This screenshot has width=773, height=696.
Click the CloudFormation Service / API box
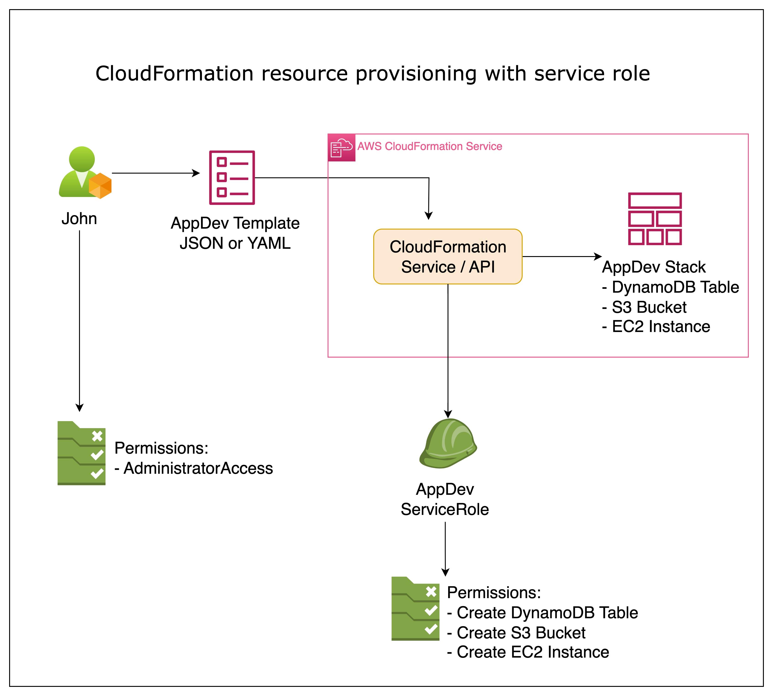[448, 257]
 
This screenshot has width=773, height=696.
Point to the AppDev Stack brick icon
[655, 219]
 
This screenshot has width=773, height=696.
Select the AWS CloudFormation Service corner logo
[341, 148]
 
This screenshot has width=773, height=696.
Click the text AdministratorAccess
[198, 468]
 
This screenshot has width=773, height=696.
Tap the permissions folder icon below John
[81, 453]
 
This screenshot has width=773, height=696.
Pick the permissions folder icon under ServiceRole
[415, 608]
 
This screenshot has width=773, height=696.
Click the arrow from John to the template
[156, 173]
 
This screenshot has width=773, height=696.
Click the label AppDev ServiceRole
[445, 499]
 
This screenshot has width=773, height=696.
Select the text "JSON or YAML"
[235, 243]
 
